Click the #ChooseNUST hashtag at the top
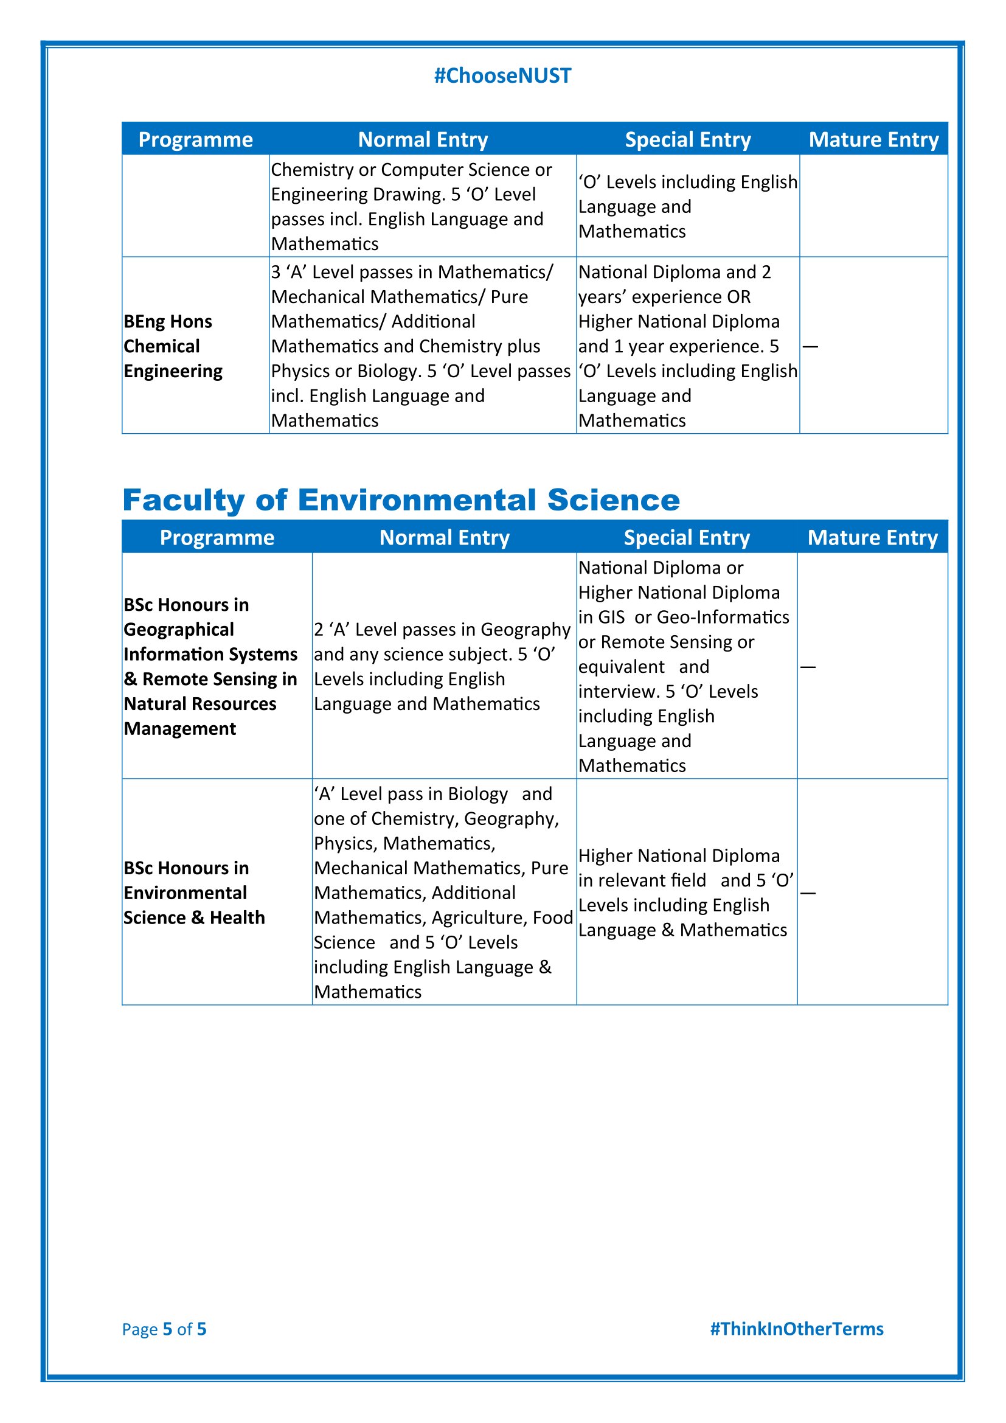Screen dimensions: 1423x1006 click(x=502, y=75)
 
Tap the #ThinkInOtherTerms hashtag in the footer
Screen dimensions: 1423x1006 click(x=797, y=1328)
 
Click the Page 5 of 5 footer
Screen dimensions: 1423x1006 click(x=164, y=1329)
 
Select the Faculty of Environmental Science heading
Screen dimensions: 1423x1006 click(x=401, y=499)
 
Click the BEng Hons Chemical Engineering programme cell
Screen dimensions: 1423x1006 click(x=173, y=346)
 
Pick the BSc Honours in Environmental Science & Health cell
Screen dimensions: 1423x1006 click(x=194, y=892)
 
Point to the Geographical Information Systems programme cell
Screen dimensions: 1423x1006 click(x=210, y=666)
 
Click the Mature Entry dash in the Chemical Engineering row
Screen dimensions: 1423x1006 click(x=810, y=346)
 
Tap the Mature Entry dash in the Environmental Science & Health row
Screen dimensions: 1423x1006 click(x=808, y=893)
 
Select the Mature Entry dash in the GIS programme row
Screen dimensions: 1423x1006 click(x=808, y=667)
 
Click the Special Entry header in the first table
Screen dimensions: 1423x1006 click(x=688, y=139)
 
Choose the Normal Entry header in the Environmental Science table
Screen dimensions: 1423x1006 click(x=444, y=537)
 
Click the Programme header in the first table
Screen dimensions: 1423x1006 click(x=195, y=139)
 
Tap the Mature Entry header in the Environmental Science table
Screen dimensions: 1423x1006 click(x=872, y=537)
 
